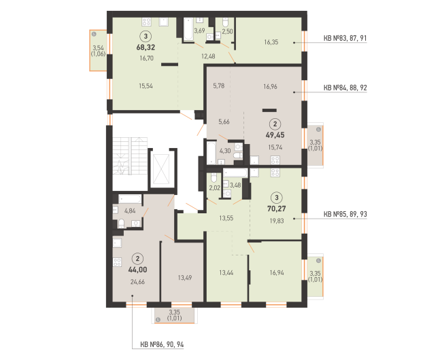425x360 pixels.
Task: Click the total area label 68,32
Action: pos(146,48)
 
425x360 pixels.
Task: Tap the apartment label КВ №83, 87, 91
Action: pos(345,38)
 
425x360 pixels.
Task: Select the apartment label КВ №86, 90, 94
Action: pos(162,344)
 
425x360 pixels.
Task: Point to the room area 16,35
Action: pos(271,42)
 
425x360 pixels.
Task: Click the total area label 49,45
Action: pos(275,134)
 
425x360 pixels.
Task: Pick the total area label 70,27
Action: pos(277,209)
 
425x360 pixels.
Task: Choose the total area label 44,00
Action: pos(137,270)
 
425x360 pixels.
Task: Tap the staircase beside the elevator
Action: pos(130,156)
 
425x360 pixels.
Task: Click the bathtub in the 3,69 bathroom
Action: pos(188,29)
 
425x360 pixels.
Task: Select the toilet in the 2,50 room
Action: pos(225,22)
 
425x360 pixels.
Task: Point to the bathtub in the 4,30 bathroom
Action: pos(211,153)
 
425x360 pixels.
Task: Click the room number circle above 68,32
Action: pos(146,36)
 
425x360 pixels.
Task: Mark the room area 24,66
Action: pos(137,282)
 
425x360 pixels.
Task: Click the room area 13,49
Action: pos(185,278)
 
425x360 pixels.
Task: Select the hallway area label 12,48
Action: pos(208,56)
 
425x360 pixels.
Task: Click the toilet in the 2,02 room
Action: pos(214,177)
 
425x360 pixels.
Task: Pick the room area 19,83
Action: pos(277,221)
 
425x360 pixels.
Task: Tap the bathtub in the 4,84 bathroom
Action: pos(130,199)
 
